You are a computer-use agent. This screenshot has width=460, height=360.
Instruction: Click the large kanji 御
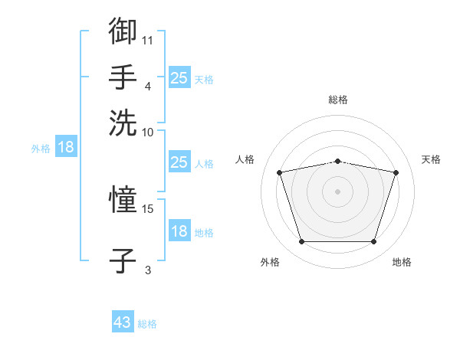click(x=123, y=31)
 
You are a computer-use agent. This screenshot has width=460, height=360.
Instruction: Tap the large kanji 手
click(x=123, y=77)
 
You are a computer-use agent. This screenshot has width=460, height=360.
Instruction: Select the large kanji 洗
click(x=123, y=123)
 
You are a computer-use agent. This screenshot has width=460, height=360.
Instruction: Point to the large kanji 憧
click(x=123, y=199)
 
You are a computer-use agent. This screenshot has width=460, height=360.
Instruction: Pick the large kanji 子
click(x=123, y=260)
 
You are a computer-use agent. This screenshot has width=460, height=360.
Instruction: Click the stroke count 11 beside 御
click(x=147, y=41)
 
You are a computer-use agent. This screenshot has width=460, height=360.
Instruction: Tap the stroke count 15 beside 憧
click(x=147, y=209)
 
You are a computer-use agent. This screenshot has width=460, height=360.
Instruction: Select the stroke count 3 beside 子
click(x=148, y=270)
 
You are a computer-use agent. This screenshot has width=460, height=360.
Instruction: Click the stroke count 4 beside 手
click(x=148, y=87)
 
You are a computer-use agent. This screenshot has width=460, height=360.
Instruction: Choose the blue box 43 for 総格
click(x=123, y=321)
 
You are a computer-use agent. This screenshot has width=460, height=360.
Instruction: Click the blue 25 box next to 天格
click(x=179, y=77)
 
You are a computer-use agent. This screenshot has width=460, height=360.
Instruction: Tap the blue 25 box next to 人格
click(x=179, y=162)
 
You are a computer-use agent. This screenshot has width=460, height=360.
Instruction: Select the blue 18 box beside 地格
click(x=179, y=230)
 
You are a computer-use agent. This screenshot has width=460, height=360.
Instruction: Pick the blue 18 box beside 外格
click(x=66, y=146)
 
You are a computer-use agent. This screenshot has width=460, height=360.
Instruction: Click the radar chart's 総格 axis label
click(x=338, y=100)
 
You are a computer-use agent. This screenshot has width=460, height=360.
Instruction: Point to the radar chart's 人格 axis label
click(x=245, y=159)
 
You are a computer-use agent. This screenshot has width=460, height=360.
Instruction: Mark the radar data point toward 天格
click(x=396, y=172)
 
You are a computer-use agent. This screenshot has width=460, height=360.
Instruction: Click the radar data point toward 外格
click(x=302, y=241)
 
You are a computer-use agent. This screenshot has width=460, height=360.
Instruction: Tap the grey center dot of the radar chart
click(x=337, y=191)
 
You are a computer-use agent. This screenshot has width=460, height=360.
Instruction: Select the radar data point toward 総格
click(x=337, y=162)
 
